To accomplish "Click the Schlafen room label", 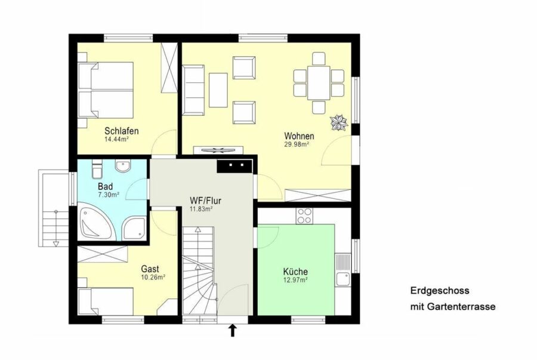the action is pyautogui.click(x=122, y=131).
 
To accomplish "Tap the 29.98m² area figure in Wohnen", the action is pyautogui.click(x=297, y=144).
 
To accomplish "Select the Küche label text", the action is pyautogui.click(x=295, y=272).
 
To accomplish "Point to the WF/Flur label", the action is pyautogui.click(x=205, y=201).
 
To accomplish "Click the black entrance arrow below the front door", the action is pyautogui.click(x=233, y=331).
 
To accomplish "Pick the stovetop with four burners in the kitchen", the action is pyautogui.click(x=304, y=216).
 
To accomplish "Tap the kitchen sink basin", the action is pyautogui.click(x=342, y=279).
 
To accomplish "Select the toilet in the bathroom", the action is pyautogui.click(x=97, y=170).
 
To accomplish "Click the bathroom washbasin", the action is pyautogui.click(x=123, y=166).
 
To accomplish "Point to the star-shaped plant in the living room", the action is pyautogui.click(x=339, y=123).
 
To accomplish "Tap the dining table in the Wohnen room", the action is pyautogui.click(x=319, y=83).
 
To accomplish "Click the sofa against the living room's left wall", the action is pyautogui.click(x=193, y=90).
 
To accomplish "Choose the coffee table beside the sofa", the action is pyautogui.click(x=218, y=90).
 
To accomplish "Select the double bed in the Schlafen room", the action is pyautogui.click(x=106, y=90).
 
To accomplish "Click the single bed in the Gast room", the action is pyautogui.click(x=106, y=301).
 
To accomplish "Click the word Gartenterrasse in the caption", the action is pyautogui.click(x=461, y=306).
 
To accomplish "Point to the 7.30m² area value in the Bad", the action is pyautogui.click(x=108, y=195).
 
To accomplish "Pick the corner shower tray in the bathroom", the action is pyautogui.click(x=135, y=227).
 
